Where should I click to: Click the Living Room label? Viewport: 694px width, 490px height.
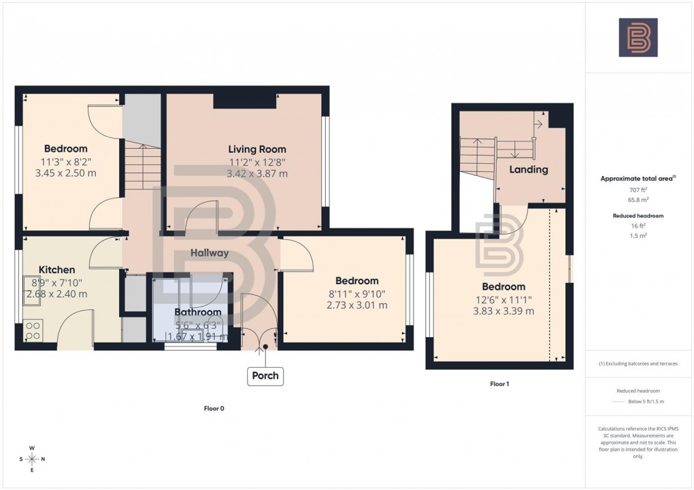click(257, 149)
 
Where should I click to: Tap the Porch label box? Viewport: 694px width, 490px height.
click(265, 375)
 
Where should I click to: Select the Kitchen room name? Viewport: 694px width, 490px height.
click(56, 269)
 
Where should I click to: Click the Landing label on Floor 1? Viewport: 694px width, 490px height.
click(529, 169)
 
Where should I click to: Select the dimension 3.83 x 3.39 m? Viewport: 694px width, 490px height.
click(503, 311)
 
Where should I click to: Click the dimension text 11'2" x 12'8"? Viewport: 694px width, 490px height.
click(257, 162)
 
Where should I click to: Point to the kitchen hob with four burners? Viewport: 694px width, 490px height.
click(33, 330)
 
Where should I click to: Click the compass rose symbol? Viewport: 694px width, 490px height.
click(31, 459)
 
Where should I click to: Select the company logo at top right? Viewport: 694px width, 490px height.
click(638, 37)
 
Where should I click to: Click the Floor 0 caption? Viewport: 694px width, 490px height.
click(214, 408)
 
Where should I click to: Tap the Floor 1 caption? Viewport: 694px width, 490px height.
click(499, 384)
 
